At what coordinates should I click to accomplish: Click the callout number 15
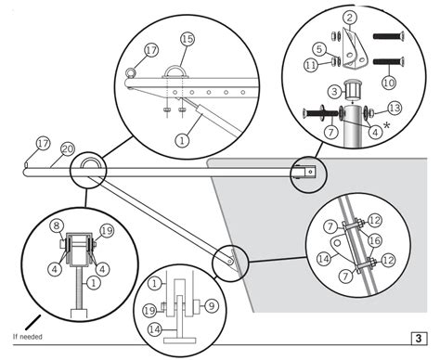coord(187,39)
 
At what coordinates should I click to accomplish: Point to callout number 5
coord(317,49)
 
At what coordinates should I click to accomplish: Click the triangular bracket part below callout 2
coord(352,52)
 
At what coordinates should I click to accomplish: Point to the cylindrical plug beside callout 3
coord(351,92)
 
